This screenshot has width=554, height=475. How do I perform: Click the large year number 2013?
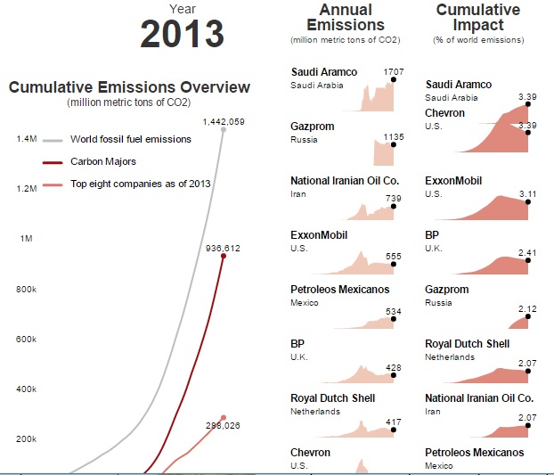pyautogui.click(x=182, y=33)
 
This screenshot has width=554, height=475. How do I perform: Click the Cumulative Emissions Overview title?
pyautogui.click(x=129, y=87)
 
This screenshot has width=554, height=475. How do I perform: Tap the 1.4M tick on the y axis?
pyautogui.click(x=26, y=139)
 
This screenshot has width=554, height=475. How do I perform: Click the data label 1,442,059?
pyautogui.click(x=224, y=121)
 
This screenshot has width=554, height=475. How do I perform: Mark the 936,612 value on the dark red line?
pyautogui.click(x=223, y=248)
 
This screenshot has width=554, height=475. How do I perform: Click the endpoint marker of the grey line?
pyautogui.click(x=224, y=130)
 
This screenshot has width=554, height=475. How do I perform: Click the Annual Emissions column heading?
pyautogui.click(x=345, y=18)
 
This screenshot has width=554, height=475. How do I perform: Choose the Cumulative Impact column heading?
pyautogui.click(x=478, y=18)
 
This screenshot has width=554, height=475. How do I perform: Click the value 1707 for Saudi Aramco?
pyautogui.click(x=393, y=70)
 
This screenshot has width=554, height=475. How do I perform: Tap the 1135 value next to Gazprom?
pyautogui.click(x=393, y=137)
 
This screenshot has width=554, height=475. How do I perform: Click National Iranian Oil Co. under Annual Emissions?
pyautogui.click(x=345, y=181)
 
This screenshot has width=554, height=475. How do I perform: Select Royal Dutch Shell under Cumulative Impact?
pyautogui.click(x=468, y=344)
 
